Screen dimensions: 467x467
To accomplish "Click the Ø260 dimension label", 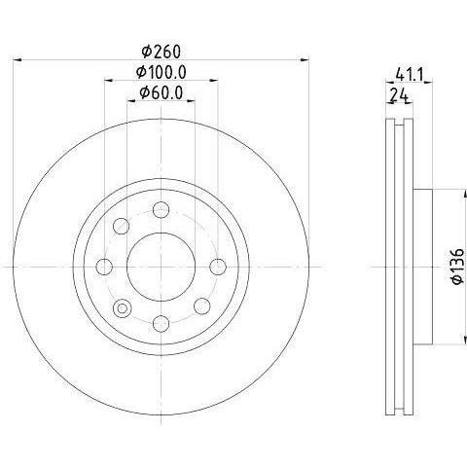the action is (161, 52).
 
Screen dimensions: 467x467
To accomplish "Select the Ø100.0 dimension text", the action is (161, 72).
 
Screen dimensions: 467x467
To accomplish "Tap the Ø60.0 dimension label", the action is (162, 92).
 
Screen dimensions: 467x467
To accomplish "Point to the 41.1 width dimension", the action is (410, 76).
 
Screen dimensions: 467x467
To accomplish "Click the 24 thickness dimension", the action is (399, 95).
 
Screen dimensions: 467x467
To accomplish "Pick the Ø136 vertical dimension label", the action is (458, 267).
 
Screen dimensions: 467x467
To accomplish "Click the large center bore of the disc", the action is (161, 267).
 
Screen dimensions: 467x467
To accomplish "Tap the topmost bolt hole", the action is (161, 209).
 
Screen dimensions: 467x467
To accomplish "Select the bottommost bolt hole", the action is (161, 324).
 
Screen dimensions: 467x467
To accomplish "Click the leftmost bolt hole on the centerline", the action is (104, 267).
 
